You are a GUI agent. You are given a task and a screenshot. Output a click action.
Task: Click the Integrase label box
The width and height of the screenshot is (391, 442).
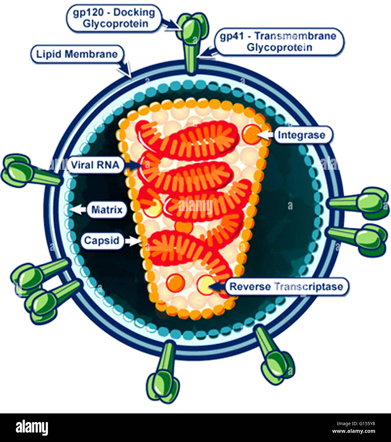point(302,135)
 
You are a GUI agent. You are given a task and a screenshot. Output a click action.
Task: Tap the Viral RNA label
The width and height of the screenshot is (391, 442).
point(95,165)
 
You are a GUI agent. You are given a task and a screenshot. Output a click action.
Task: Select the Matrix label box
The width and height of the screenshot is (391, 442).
point(107,210)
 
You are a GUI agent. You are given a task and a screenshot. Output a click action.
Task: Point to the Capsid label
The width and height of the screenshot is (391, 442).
point(102,241)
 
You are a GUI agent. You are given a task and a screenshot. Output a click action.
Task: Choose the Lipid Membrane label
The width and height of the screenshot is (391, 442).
point(77,54)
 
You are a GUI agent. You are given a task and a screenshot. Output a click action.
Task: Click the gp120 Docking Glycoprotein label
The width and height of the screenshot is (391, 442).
point(114,18)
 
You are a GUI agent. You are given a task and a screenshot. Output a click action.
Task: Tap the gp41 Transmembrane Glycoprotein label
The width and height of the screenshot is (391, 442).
point(278,42)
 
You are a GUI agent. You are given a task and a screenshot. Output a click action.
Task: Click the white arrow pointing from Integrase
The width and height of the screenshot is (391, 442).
point(265,135)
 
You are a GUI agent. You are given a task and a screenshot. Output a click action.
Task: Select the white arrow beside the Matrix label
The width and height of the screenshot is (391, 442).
point(78,209)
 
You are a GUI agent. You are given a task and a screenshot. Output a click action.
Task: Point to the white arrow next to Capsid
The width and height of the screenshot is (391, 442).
point(132,241)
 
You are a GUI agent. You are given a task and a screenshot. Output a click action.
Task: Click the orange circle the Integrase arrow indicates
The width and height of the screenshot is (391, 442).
point(251,134)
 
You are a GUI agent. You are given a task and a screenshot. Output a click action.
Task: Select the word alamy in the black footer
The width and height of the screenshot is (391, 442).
point(32,428)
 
